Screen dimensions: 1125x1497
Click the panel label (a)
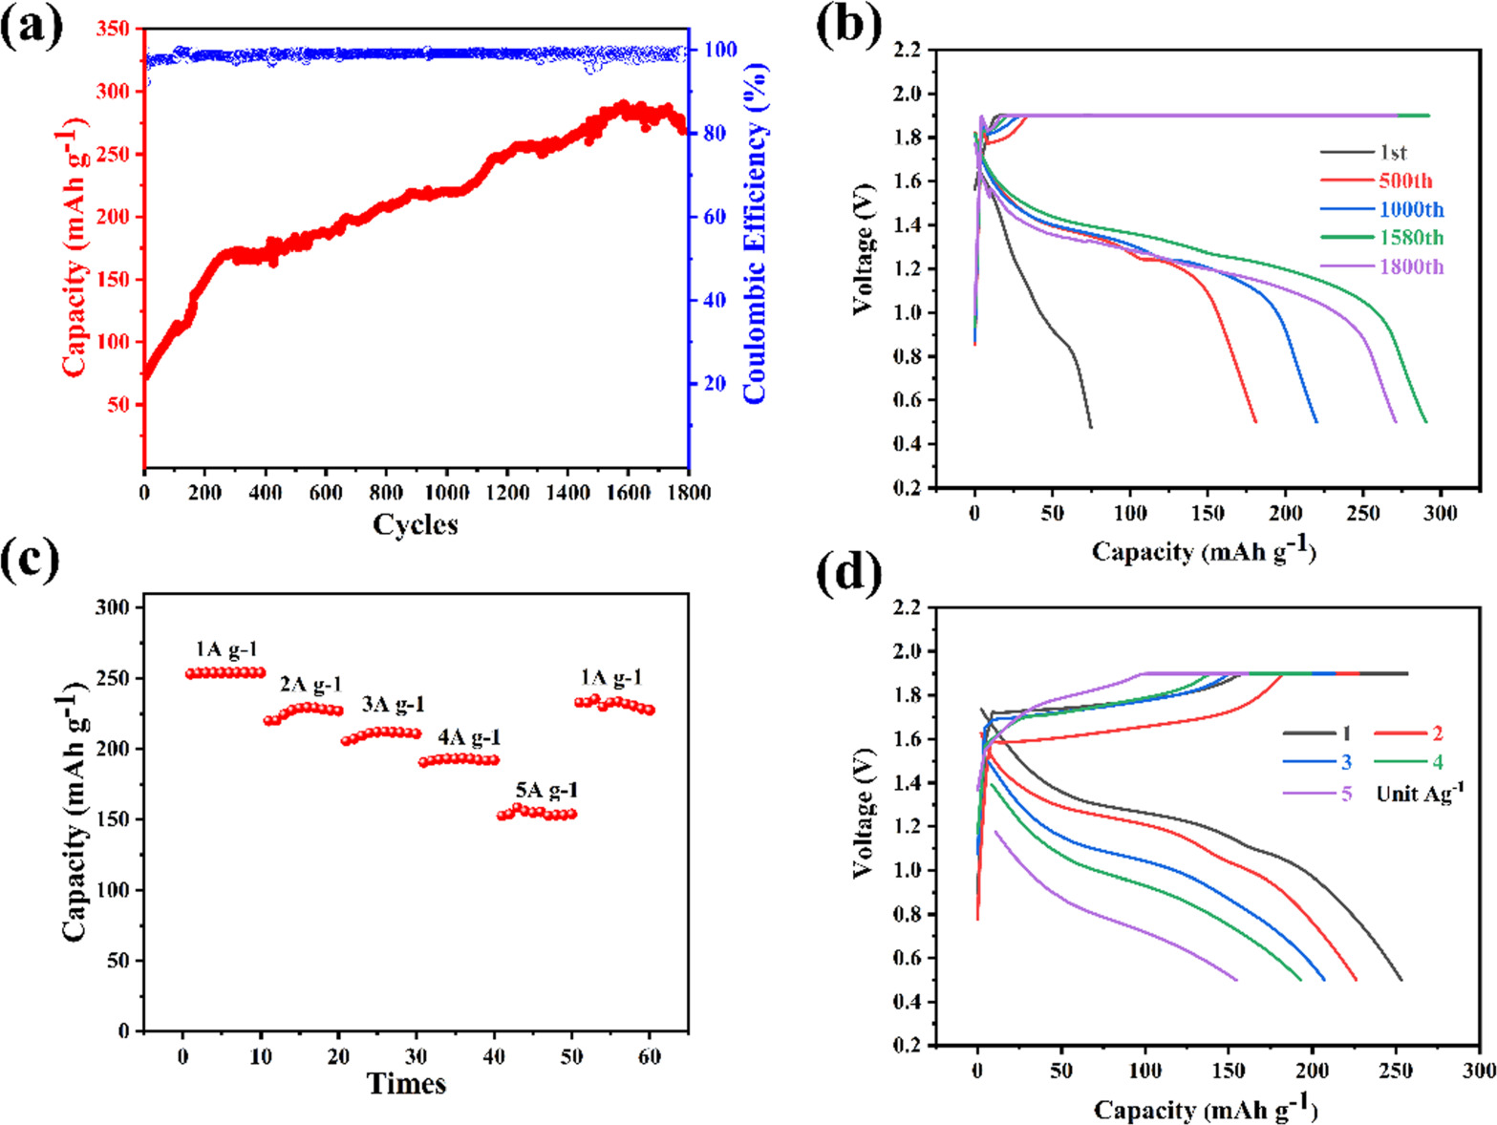[x=32, y=26]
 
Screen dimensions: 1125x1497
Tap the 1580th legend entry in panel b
[x=1410, y=238]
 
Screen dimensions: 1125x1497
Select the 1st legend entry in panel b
[x=1393, y=153]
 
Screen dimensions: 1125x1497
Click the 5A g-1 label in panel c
[x=546, y=791]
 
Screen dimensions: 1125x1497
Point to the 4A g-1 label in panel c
[x=469, y=738]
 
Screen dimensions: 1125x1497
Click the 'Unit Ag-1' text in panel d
[x=1420, y=793]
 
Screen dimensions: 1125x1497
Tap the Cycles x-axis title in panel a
[x=415, y=524]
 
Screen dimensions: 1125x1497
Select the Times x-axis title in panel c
[x=406, y=1083]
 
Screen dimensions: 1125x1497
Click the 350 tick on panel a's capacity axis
[x=112, y=29]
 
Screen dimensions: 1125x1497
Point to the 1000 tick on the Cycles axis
[x=446, y=493]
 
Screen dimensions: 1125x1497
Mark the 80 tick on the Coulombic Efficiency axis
[x=715, y=133]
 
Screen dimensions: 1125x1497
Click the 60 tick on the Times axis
[x=650, y=1057]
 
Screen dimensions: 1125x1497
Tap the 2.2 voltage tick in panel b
[x=909, y=49]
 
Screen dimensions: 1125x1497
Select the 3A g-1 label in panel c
[x=393, y=705]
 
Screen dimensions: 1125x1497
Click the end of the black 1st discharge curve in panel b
[x=1090, y=427]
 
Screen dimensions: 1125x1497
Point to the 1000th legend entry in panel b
[x=1410, y=210]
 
